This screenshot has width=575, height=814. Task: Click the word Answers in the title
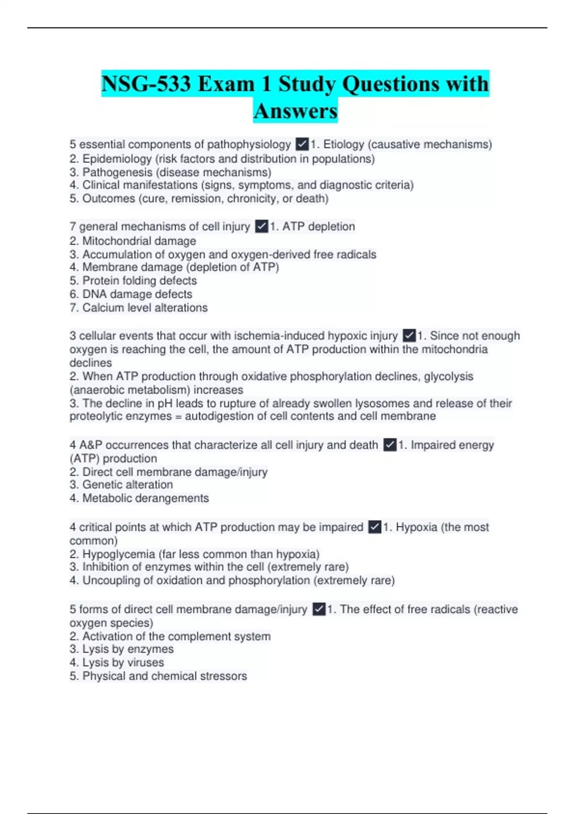(296, 111)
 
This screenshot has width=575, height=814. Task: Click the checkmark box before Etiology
(302, 144)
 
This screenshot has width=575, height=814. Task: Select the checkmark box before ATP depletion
(262, 226)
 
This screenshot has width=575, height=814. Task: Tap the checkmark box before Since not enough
(409, 336)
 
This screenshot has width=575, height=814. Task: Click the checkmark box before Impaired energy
(390, 445)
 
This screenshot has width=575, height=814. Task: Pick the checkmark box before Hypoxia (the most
(375, 527)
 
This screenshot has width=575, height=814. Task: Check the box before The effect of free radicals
(319, 609)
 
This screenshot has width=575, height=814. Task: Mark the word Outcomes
(109, 198)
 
